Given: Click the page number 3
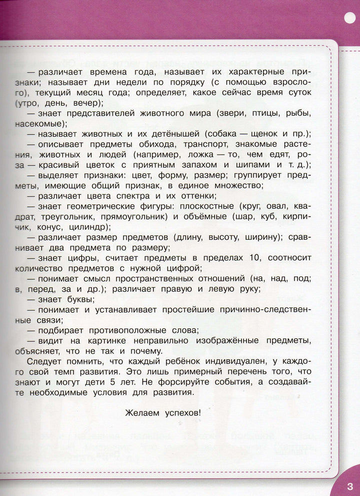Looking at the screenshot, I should (349, 485).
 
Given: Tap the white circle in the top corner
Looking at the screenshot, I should (349, 17).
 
